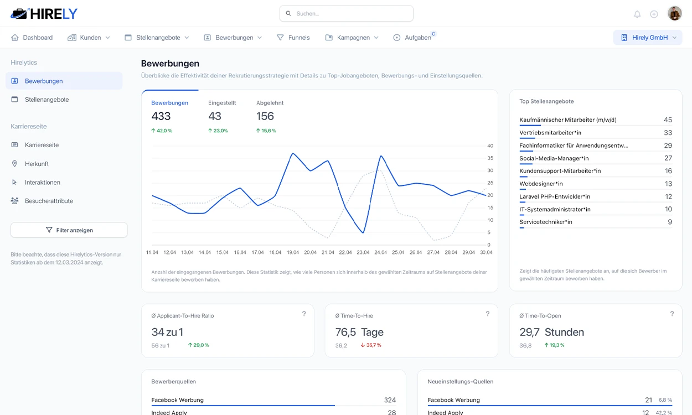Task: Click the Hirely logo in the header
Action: tap(44, 14)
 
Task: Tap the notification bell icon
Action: tap(637, 14)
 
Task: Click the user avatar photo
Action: tap(674, 13)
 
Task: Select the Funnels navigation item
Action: tap(293, 38)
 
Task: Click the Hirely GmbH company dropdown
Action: tap(648, 38)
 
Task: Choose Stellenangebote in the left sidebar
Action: tap(47, 100)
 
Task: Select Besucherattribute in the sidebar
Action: tap(49, 201)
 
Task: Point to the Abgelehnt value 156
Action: tap(265, 116)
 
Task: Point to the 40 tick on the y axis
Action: tap(490, 146)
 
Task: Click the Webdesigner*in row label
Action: tap(541, 184)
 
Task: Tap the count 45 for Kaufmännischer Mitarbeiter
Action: tap(668, 120)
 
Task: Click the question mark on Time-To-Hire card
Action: tap(488, 314)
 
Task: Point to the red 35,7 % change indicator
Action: tap(371, 345)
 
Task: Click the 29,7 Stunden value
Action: tap(551, 333)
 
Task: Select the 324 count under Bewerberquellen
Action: tap(390, 400)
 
